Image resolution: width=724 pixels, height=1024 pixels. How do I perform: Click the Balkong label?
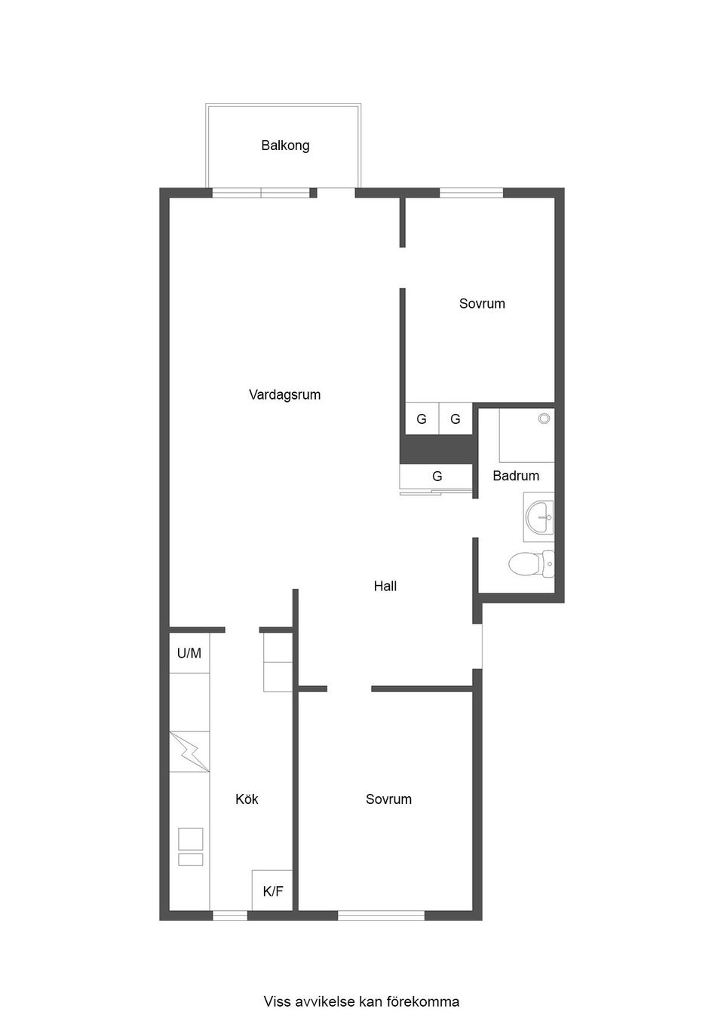(285, 146)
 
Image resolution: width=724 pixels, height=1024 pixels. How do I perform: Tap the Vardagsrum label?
(284, 394)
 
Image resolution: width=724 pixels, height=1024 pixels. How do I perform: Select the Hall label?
(385, 586)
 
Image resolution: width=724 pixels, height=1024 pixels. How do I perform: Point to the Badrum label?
(516, 476)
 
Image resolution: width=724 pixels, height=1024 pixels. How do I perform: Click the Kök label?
(247, 799)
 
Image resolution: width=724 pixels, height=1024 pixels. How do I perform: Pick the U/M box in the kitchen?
(189, 653)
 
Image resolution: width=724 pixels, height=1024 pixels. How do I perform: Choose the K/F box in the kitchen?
(272, 891)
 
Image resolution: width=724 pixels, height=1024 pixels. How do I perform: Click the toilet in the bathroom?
(531, 564)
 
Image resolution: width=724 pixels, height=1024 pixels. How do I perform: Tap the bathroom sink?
(540, 517)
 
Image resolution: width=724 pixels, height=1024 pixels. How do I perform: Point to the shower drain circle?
(544, 418)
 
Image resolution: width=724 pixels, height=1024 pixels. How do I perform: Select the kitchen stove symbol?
(190, 846)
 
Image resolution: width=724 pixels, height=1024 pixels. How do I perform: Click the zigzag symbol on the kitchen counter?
(189, 752)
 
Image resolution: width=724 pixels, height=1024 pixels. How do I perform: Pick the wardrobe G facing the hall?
(437, 477)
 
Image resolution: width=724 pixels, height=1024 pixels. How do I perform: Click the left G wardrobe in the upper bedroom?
(422, 419)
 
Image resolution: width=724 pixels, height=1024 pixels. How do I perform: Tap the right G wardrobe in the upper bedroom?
(456, 419)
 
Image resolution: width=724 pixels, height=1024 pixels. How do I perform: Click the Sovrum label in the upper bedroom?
(482, 304)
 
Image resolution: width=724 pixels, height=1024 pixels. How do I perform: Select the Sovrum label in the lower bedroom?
(388, 799)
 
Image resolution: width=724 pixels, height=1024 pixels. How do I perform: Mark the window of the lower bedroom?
(381, 915)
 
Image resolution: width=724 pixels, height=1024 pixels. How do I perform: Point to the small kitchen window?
(229, 915)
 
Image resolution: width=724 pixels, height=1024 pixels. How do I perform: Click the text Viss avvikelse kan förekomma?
(361, 1002)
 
